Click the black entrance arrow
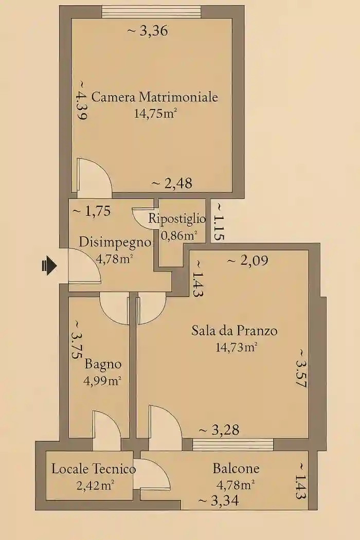click(48, 265)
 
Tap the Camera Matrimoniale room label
click(154, 97)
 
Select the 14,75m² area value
click(152, 114)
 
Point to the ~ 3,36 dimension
click(148, 31)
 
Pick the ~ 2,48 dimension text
click(172, 183)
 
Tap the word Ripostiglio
click(177, 218)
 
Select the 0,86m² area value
click(179, 236)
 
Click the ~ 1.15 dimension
click(218, 221)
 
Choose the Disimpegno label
click(115, 242)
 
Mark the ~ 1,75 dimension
click(92, 211)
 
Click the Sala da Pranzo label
click(234, 330)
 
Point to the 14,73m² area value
click(237, 347)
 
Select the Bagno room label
click(103, 364)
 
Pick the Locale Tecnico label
click(94, 469)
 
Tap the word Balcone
click(236, 469)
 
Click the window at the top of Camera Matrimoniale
click(151, 11)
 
